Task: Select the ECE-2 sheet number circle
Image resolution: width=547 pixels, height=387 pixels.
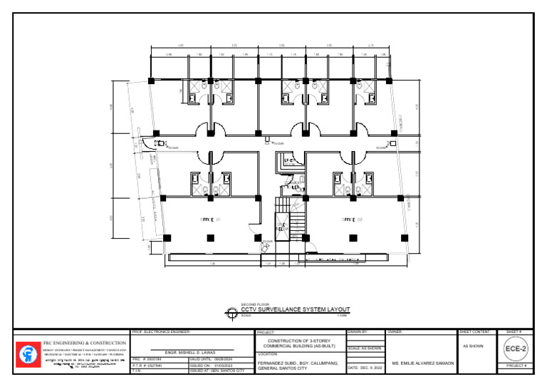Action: (x=516, y=349)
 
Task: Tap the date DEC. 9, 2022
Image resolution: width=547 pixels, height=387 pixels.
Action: (x=365, y=368)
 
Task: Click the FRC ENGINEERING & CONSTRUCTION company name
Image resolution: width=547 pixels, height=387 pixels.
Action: (x=84, y=343)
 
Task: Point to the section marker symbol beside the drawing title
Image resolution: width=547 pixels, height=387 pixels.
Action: (x=231, y=311)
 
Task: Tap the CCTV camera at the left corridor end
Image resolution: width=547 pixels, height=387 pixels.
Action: (x=162, y=144)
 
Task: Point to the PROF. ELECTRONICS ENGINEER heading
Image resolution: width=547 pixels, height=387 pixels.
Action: (x=163, y=332)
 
